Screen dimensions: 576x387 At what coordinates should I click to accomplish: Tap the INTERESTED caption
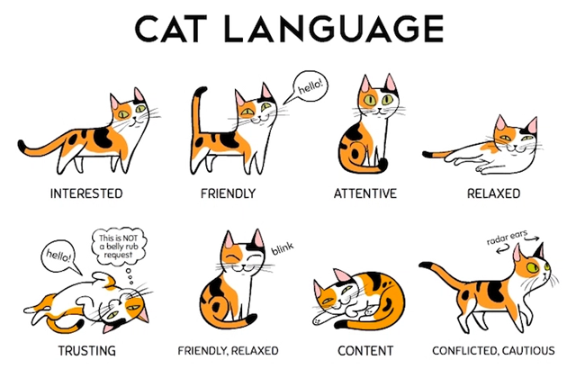[x=86, y=193]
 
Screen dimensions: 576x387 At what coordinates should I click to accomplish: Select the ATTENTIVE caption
[x=365, y=193]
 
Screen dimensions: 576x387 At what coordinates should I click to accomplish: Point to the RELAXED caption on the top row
[x=493, y=193]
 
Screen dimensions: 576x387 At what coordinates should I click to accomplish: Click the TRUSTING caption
[x=87, y=351]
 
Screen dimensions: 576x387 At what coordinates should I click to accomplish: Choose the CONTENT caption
[x=365, y=351]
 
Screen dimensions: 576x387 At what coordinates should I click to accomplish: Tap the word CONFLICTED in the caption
[x=463, y=351]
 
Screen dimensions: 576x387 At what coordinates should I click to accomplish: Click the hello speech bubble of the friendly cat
[x=308, y=87]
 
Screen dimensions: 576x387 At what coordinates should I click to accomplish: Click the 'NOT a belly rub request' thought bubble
[x=119, y=246]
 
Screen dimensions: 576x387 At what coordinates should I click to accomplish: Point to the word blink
[x=283, y=248]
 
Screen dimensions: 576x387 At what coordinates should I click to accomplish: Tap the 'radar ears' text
[x=507, y=238]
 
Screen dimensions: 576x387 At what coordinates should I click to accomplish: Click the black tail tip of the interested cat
[x=23, y=146]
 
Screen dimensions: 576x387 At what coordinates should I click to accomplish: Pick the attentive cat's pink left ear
[x=365, y=84]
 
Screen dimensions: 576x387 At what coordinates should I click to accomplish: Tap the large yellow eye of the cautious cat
[x=532, y=266]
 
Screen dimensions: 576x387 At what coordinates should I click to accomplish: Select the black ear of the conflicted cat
[x=539, y=251]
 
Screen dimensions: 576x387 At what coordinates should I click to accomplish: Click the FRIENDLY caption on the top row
[x=228, y=193]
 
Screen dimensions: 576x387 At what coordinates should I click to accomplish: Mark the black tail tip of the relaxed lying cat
[x=428, y=154]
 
